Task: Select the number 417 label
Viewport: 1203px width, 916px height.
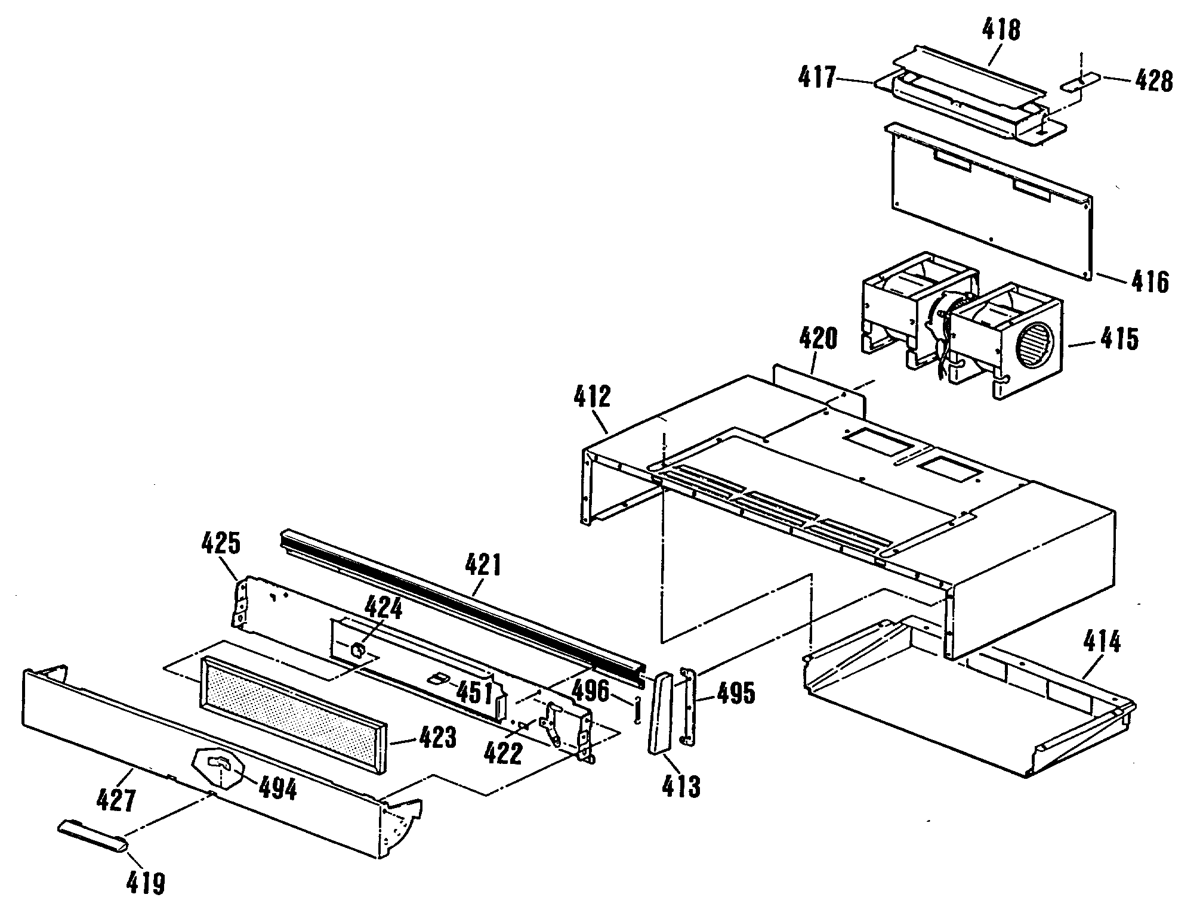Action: click(x=818, y=78)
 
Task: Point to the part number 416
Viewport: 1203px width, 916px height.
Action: click(x=1150, y=281)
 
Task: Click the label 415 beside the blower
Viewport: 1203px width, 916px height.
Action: click(x=1119, y=339)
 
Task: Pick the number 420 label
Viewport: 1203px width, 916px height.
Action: click(x=818, y=339)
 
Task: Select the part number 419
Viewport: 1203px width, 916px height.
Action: click(x=146, y=883)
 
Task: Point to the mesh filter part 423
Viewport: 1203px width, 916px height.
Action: click(x=292, y=713)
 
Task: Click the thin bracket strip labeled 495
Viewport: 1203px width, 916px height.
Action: click(x=688, y=705)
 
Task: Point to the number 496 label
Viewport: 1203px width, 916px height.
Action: click(x=591, y=691)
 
